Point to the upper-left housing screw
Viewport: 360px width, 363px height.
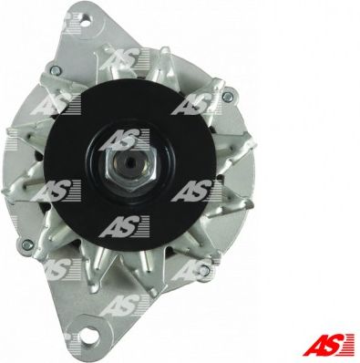tap(56, 70)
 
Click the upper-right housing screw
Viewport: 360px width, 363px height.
tap(227, 97)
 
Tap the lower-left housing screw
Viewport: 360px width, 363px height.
tap(27, 244)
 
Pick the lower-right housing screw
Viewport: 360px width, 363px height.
tap(205, 269)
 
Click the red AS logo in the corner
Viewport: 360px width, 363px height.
tap(328, 345)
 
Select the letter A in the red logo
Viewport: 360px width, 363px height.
tap(313, 345)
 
